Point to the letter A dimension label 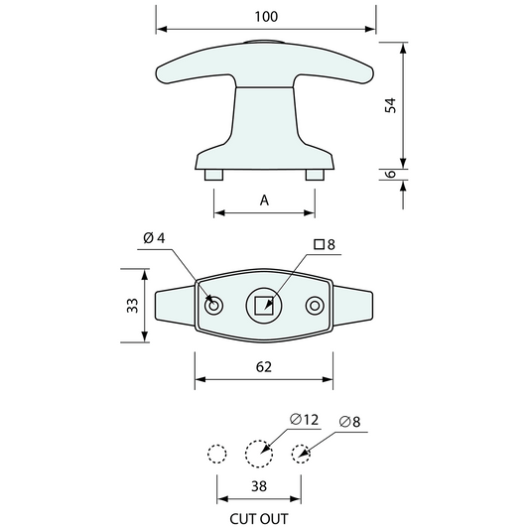pos(264,199)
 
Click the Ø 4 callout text pos(154,237)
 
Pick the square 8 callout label pos(325,244)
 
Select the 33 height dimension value pos(131,306)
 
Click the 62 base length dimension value pos(264,366)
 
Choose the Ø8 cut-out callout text pos(350,422)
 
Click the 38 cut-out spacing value pos(259,486)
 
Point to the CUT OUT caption pos(259,517)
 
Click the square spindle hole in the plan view pos(264,306)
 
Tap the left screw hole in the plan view pos(212,306)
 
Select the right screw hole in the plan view pos(316,306)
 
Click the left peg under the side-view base pos(213,175)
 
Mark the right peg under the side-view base pos(315,175)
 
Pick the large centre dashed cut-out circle pos(259,454)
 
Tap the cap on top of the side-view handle pos(264,43)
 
